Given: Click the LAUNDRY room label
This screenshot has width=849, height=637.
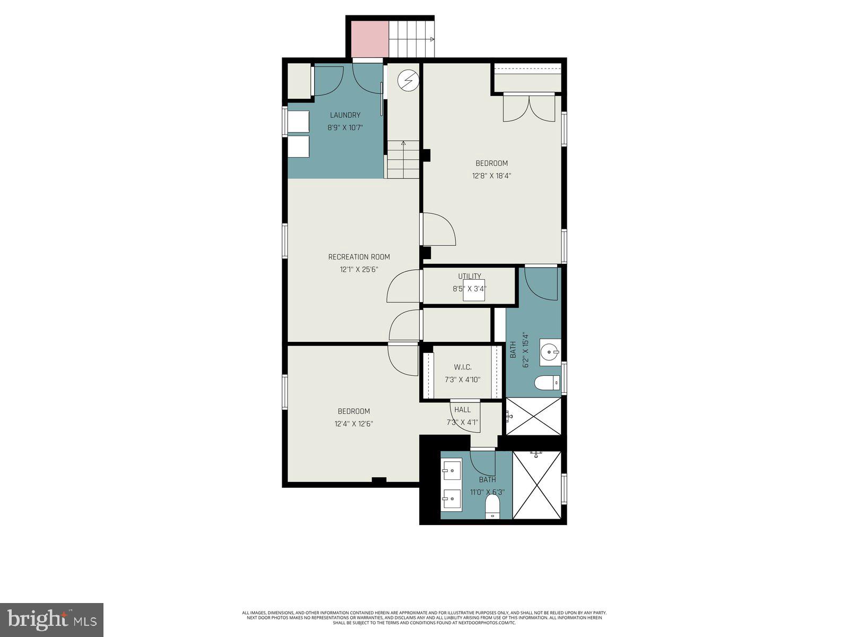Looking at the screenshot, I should click(x=345, y=115).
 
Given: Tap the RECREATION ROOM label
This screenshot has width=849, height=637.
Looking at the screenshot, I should click(x=359, y=257).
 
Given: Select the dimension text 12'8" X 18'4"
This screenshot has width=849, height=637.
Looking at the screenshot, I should click(x=491, y=176).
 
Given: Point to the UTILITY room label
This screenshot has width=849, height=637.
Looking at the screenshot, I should click(x=470, y=276).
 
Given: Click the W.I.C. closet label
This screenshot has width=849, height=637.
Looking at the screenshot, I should click(x=462, y=367).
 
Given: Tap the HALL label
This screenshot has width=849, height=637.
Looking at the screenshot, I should click(x=462, y=410).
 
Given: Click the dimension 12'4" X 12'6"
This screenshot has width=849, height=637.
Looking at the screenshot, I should click(x=353, y=424).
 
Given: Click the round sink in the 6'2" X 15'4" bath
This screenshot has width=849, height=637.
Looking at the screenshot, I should click(x=550, y=352).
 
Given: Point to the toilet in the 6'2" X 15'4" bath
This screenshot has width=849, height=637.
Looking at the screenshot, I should click(x=547, y=382).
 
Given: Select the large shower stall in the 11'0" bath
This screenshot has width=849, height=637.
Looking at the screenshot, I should click(x=537, y=485).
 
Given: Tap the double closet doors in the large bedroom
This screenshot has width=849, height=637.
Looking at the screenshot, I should click(x=529, y=108).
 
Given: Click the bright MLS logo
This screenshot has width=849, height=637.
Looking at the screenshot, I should click(x=51, y=619).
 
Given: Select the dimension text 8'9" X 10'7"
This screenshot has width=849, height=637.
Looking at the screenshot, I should click(x=345, y=127).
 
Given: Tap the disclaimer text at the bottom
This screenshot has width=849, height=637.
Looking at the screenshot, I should click(x=424, y=618).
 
